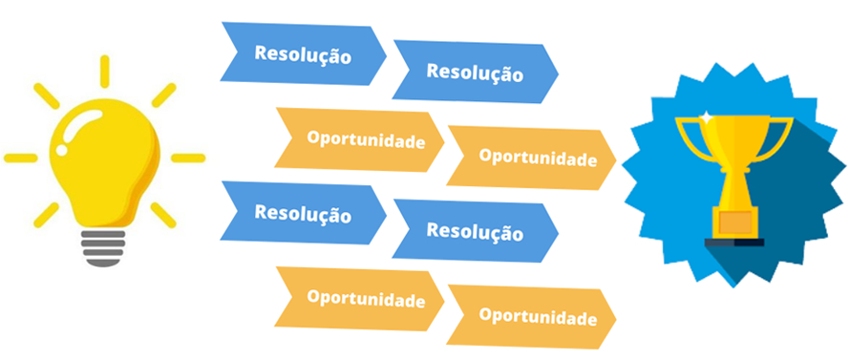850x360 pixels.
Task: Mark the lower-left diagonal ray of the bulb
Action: (44, 215)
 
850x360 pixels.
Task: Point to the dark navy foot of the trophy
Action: (734, 242)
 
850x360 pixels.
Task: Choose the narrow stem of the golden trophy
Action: (734, 186)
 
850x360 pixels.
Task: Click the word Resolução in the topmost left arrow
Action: (303, 53)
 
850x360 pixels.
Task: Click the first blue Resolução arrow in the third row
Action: (303, 212)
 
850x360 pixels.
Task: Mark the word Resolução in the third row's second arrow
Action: (475, 230)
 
